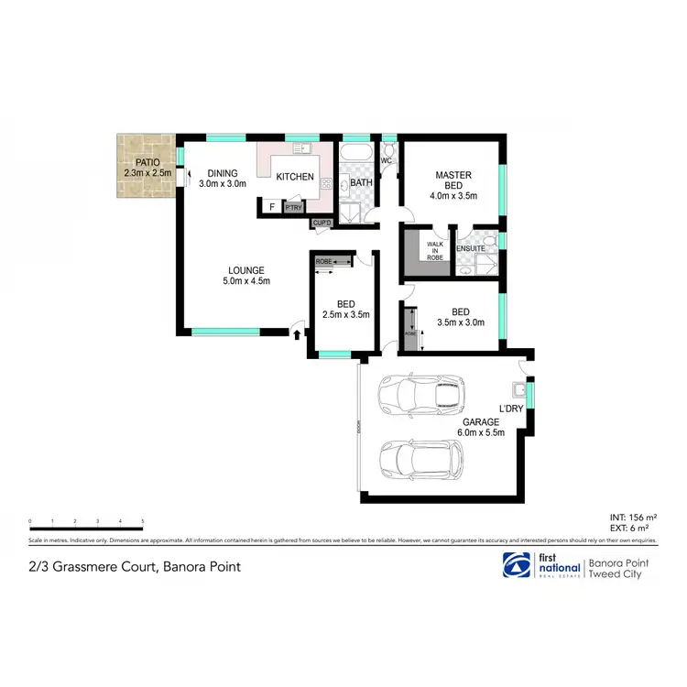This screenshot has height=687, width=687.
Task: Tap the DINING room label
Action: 222,173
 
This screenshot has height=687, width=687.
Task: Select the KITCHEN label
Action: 295,177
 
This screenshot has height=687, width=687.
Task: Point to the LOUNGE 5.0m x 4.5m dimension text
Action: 247,281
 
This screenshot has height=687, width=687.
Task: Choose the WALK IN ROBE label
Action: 434,251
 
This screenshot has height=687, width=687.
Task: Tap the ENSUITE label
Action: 471,247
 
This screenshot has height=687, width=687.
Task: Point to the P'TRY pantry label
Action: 293,208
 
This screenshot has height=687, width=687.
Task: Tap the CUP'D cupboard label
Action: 322,223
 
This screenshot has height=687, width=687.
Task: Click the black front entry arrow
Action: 297,335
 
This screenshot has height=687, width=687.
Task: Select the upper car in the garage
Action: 420,394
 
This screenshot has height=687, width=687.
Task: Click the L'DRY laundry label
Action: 510,409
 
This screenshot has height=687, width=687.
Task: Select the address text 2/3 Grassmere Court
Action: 136,566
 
